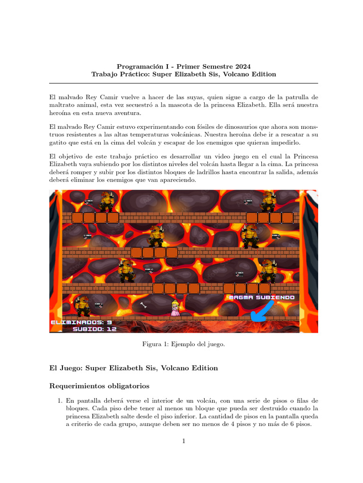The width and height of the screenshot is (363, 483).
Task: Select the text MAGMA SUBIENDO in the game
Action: (261, 298)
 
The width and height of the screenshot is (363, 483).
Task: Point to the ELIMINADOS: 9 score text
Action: (81, 322)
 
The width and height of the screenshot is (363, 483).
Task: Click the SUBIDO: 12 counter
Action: (95, 329)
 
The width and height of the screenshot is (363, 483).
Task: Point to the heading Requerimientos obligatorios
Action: (99, 386)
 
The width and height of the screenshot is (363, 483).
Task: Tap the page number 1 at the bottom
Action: (183, 441)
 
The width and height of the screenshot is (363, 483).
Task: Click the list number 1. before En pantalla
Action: (60, 400)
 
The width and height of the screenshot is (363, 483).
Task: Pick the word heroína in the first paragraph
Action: (61, 113)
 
